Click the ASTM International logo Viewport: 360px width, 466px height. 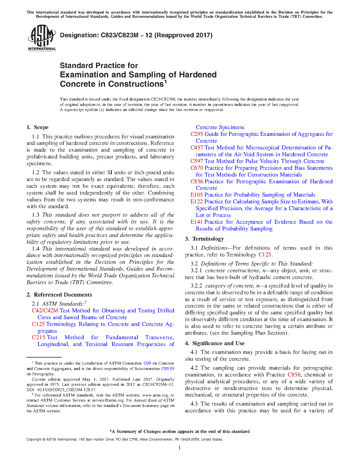pos(42,38)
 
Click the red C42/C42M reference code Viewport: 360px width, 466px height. pos(45,311)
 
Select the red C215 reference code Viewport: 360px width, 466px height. pos(38,337)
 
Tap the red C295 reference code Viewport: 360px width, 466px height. pos(197,134)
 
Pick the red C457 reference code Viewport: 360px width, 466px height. pos(197,148)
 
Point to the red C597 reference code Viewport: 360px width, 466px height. pos(197,161)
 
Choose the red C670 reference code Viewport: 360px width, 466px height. pos(197,168)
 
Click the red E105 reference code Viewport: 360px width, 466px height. pos(197,195)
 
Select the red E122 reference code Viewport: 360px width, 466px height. pos(197,202)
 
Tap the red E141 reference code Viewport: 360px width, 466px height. pos(197,222)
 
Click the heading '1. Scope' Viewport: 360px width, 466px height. pos(38,127)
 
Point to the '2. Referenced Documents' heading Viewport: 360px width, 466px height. pos(59,295)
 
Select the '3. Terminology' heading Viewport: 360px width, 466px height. pos(204,239)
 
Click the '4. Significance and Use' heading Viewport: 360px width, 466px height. pos(215,343)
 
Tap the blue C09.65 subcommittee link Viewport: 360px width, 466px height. pos(168,369)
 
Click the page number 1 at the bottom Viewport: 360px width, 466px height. pos(180,447)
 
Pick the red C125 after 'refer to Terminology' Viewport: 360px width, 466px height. pos(265,255)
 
